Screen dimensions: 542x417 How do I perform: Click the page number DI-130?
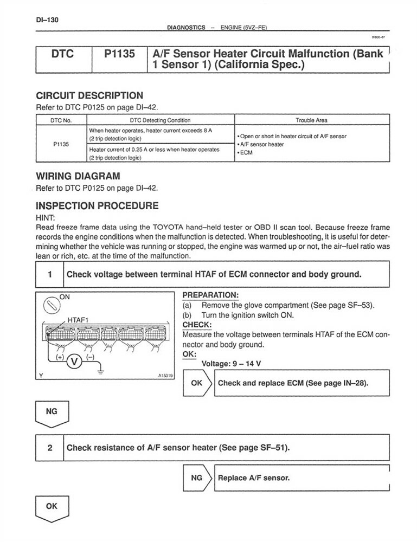47,20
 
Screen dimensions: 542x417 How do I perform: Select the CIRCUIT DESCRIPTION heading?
89,95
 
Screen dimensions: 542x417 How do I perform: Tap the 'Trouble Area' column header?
311,120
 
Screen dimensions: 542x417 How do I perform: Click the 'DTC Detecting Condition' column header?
160,120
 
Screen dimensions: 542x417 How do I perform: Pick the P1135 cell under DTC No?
61,145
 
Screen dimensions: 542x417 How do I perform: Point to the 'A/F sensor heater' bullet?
261,145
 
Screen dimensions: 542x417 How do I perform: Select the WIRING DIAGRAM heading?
78,176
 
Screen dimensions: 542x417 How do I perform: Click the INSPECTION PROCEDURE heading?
97,206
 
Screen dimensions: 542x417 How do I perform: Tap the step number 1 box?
49,274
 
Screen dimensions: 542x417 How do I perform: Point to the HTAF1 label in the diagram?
81,319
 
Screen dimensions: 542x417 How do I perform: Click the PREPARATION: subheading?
210,295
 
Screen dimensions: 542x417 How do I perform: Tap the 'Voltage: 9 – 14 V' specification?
229,364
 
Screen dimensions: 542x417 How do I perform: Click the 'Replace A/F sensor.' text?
254,478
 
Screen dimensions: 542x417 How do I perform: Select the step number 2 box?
49,448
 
